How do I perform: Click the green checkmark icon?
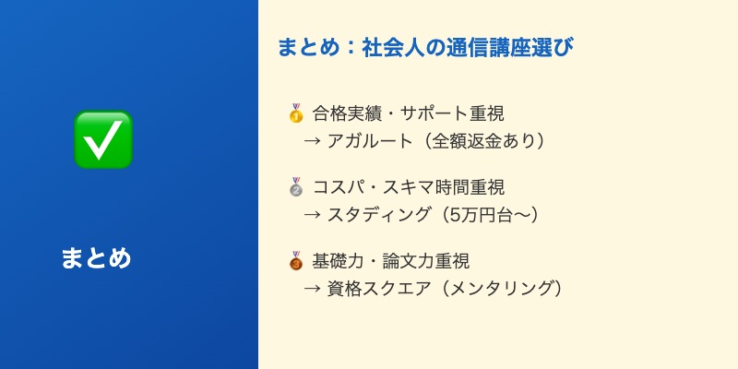pyautogui.click(x=102, y=139)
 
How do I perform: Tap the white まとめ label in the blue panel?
pyautogui.click(x=96, y=258)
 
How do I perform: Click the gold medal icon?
pyautogui.click(x=296, y=113)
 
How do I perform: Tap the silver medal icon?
pyautogui.click(x=296, y=187)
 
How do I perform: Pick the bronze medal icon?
pyautogui.click(x=296, y=261)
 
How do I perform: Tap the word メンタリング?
pyautogui.click(x=502, y=289)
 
